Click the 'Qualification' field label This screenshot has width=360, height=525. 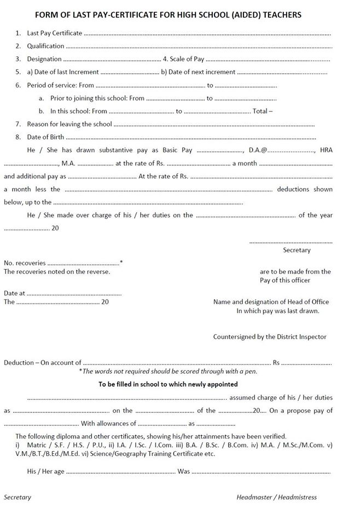[45, 46]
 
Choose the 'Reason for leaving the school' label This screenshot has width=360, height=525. [69, 125]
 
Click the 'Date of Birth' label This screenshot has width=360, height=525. [45, 137]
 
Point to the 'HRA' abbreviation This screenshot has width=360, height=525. [326, 150]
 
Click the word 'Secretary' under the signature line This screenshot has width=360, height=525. [296, 250]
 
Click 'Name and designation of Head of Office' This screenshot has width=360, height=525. [271, 302]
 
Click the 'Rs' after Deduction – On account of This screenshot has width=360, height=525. [277, 363]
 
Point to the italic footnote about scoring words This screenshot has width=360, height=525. [168, 371]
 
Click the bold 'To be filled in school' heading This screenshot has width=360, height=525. [168, 384]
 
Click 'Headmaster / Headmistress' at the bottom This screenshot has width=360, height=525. [276, 497]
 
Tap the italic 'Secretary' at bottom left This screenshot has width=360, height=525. [18, 497]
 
